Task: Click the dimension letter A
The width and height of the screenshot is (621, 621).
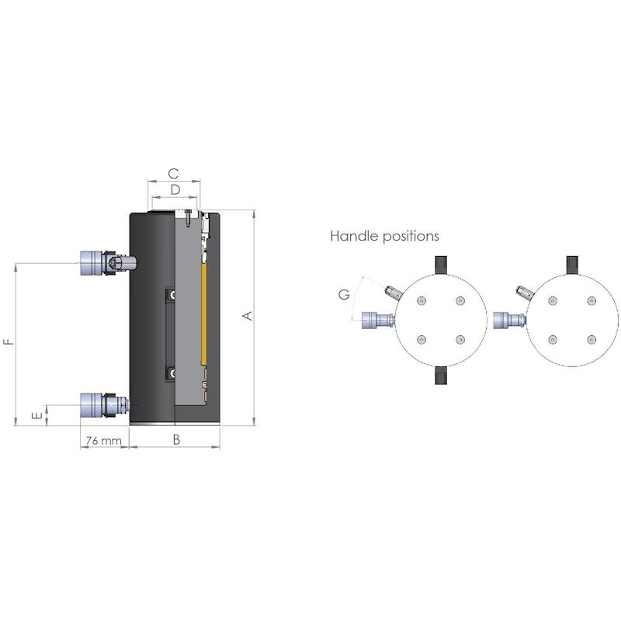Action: [x=248, y=316]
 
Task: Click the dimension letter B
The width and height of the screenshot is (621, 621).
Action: [x=177, y=439]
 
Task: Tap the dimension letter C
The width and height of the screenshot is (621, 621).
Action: [x=173, y=173]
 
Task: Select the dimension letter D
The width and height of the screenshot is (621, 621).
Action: [x=175, y=189]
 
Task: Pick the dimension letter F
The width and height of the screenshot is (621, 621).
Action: [x=9, y=342]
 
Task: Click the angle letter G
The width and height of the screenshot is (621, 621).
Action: [x=344, y=295]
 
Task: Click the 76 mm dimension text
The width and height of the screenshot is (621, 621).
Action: [x=104, y=440]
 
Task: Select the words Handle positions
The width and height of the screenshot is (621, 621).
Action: [x=384, y=236]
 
